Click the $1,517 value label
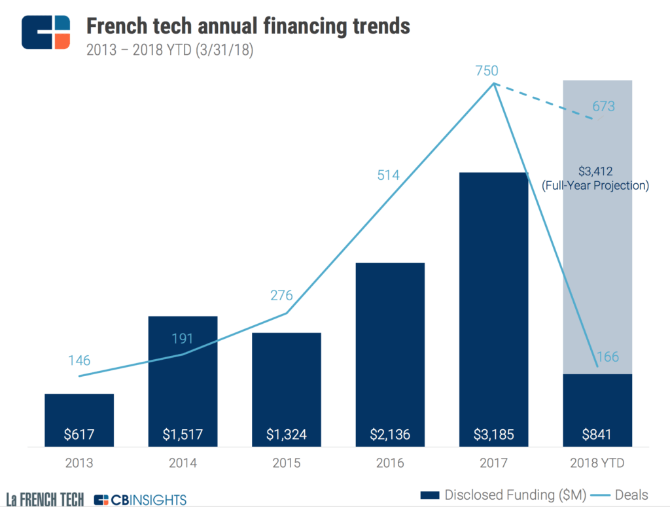pyautogui.click(x=183, y=433)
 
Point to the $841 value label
pyautogui.click(x=597, y=433)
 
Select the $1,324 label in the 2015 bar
pyautogui.click(x=287, y=433)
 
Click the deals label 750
pyautogui.click(x=487, y=71)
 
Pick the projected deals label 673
pyautogui.click(x=603, y=106)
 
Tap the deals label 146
pyautogui.click(x=79, y=360)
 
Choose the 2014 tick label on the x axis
pyautogui.click(x=183, y=463)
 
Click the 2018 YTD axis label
pyautogui.click(x=597, y=463)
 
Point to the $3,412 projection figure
pyautogui.click(x=595, y=171)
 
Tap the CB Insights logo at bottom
pyautogui.click(x=140, y=500)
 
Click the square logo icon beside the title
pyautogui.click(x=45, y=31)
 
